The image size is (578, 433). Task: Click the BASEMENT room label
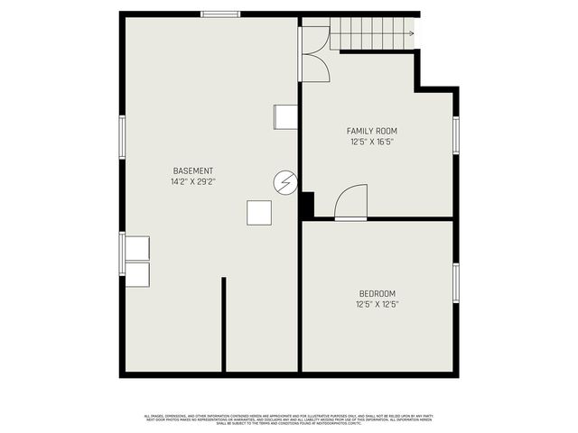(x=193, y=170)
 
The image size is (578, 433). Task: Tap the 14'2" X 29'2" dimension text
(x=193, y=181)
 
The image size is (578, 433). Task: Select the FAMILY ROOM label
(x=372, y=131)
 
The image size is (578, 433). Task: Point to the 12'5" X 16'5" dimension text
(x=372, y=142)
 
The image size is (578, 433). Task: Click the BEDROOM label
(x=377, y=293)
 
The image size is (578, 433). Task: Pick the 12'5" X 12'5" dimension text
(x=377, y=304)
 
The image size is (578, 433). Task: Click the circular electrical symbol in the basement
(x=284, y=183)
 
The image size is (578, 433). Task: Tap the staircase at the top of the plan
(x=371, y=33)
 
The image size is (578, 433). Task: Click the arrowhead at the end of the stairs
(x=412, y=33)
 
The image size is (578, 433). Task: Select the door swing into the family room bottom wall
(x=351, y=202)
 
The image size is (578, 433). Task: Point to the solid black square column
(x=306, y=205)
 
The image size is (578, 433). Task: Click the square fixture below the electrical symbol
(x=259, y=212)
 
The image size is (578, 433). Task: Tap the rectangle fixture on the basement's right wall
(x=285, y=116)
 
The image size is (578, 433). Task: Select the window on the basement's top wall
(x=220, y=14)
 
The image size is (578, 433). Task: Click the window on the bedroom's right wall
(x=456, y=282)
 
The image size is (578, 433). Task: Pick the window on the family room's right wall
(x=456, y=134)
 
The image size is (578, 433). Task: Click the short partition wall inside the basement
(x=223, y=324)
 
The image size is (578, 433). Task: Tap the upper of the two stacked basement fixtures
(x=137, y=248)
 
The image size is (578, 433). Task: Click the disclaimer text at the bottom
(x=288, y=419)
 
